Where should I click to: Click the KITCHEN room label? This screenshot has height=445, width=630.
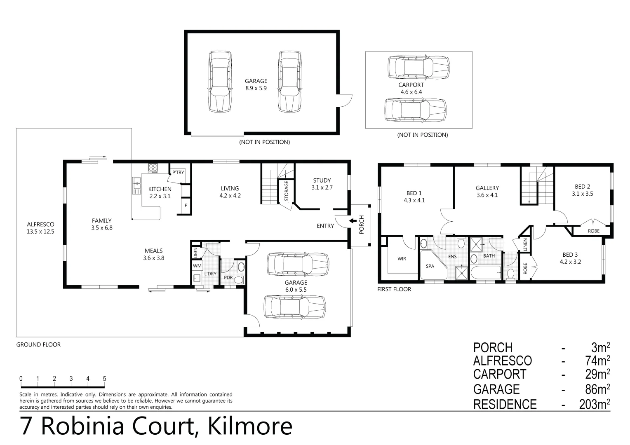tap(160, 189)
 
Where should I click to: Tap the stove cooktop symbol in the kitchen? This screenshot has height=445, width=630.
tap(153, 168)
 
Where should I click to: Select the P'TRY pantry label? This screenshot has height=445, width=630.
tap(178, 172)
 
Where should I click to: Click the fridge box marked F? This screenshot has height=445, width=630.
tap(186, 205)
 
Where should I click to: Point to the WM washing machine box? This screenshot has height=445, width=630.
tap(197, 266)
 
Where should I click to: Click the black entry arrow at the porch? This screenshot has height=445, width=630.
tap(353, 221)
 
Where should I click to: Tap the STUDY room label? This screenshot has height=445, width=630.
tap(322, 180)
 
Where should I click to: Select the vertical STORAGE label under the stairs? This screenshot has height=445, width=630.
tap(286, 191)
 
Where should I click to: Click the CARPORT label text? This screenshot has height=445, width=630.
tap(411, 85)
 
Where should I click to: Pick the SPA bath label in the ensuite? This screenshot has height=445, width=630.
tap(430, 266)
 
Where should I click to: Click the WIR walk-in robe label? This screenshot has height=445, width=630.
tap(401, 259)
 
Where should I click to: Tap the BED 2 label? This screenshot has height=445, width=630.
tap(582, 186)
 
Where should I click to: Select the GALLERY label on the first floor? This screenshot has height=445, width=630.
tap(487, 188)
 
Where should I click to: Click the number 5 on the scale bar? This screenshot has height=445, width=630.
tap(104, 379)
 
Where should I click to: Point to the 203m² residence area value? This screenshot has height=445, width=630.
tap(594, 404)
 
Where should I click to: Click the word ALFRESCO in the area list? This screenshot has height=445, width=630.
tap(502, 361)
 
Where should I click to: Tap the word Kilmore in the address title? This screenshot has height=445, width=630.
tap(250, 426)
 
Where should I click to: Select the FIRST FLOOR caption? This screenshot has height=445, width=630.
tap(394, 289)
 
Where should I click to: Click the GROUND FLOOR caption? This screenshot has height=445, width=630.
tap(38, 344)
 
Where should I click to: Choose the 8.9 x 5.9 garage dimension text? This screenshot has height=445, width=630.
tap(256, 88)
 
